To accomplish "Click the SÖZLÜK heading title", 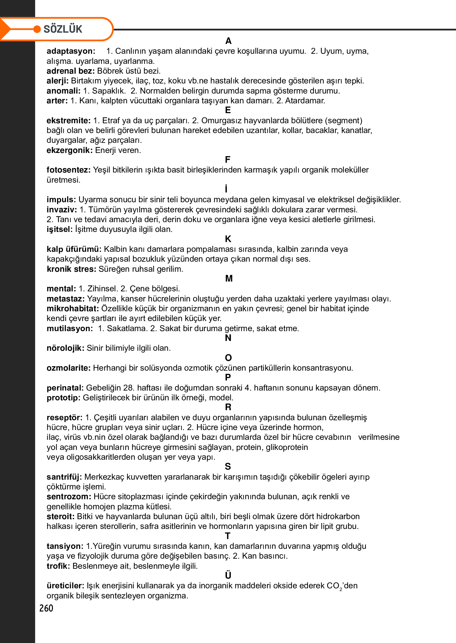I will (63, 29).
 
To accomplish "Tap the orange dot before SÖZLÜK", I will (37, 29).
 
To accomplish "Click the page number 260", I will (46, 608).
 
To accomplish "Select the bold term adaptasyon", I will (71, 51).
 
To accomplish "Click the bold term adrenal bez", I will (70, 71).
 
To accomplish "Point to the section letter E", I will (228, 110).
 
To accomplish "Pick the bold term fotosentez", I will (68, 170).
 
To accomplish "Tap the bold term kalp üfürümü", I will (74, 249).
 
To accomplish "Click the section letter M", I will (229, 279).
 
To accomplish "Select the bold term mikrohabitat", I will (73, 308).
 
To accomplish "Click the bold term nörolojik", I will (65, 348).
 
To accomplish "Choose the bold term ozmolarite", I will (68, 368).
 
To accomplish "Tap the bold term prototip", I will (63, 398).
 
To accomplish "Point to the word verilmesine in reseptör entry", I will (378, 437).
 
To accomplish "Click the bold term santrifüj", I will (64, 477).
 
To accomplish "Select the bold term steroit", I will (60, 516).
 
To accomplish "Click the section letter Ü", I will (228, 575).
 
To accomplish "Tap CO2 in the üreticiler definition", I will (334, 586).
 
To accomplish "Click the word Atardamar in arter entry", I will (305, 101).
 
